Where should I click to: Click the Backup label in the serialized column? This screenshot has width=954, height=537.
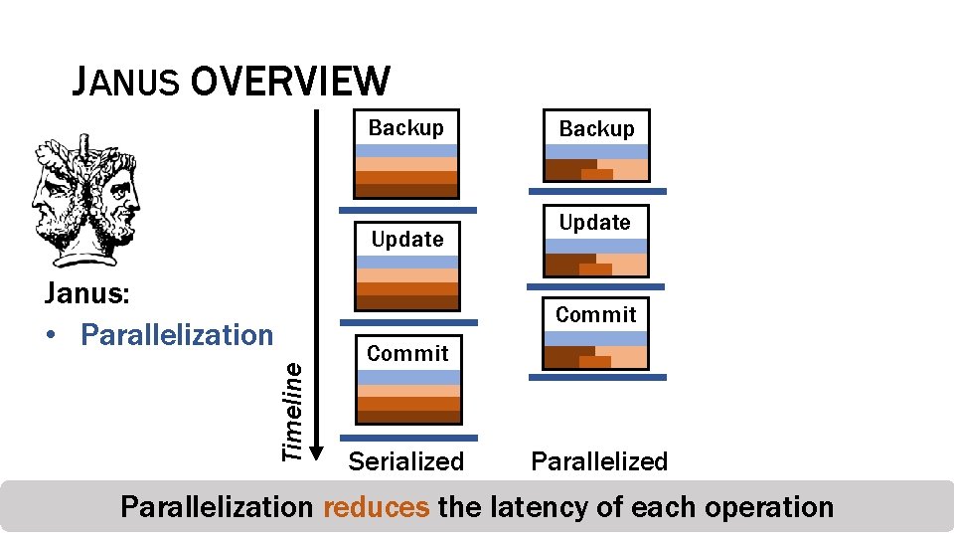click(x=406, y=127)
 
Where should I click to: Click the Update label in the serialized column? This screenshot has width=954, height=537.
click(x=407, y=239)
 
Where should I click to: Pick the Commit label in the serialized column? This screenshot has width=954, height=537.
click(x=407, y=353)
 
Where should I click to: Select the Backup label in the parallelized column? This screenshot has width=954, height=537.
click(x=596, y=128)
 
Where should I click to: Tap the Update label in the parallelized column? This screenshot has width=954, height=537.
click(x=595, y=223)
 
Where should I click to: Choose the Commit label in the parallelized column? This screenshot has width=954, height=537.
click(x=596, y=314)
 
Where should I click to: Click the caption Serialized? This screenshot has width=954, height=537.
click(x=405, y=461)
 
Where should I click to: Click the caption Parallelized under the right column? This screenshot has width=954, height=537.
click(x=599, y=461)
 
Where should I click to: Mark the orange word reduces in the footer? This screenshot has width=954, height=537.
click(x=377, y=507)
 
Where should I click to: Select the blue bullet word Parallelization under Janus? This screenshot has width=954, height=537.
click(x=176, y=335)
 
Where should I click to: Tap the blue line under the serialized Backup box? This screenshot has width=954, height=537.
click(x=407, y=211)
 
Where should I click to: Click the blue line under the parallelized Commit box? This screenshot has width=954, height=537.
click(x=597, y=378)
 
